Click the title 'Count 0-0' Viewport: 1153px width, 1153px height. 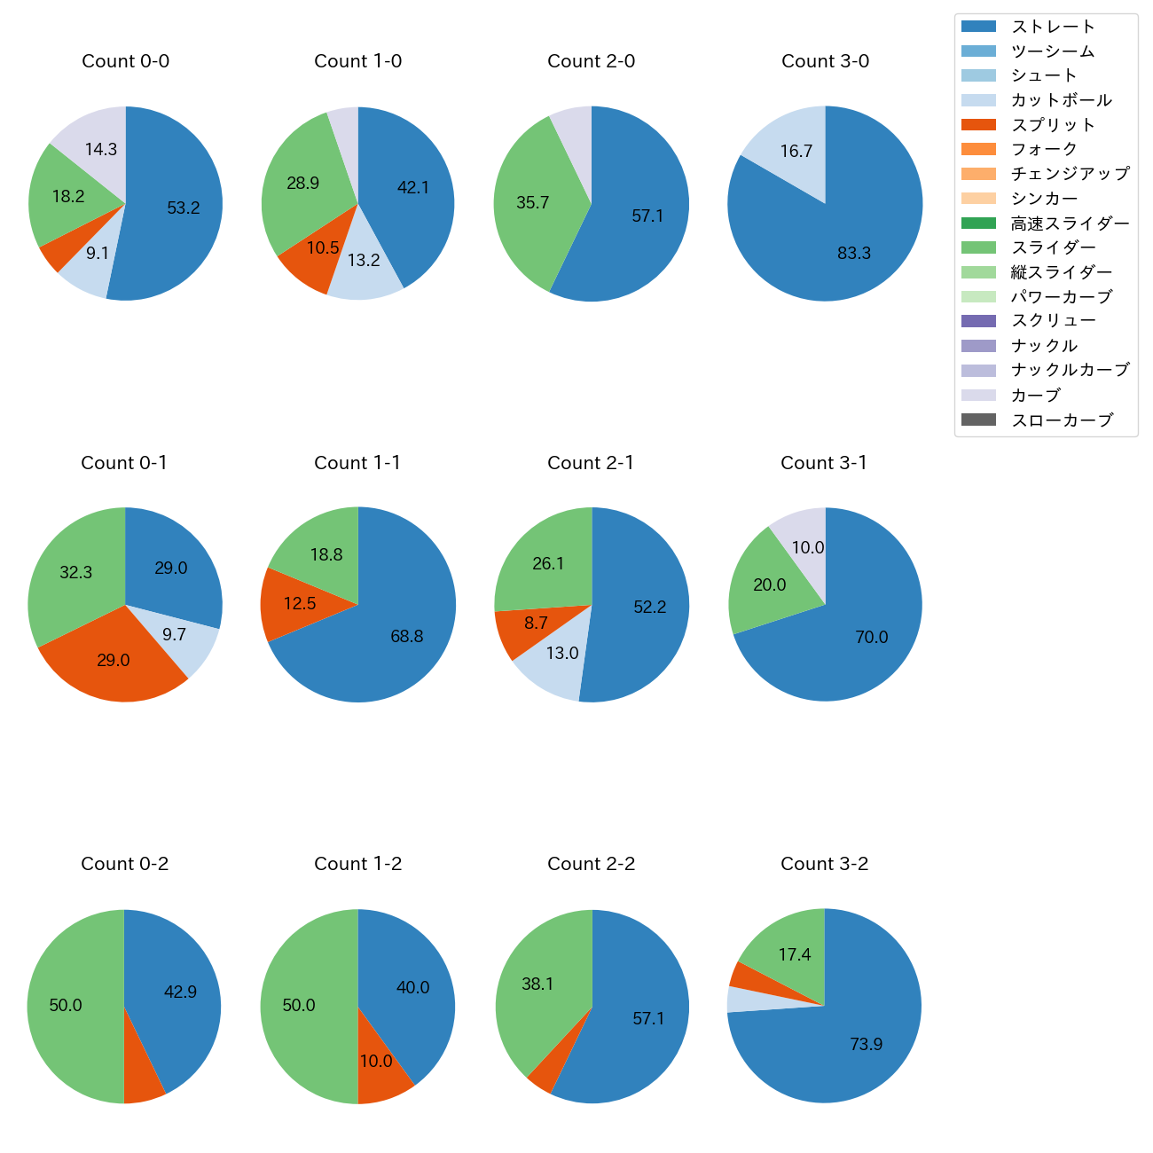(125, 61)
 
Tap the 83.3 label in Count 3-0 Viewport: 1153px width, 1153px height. (854, 254)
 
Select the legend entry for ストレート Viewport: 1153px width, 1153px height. (1053, 27)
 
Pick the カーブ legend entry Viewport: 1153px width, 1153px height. (1035, 395)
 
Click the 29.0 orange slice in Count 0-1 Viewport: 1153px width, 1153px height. (113, 661)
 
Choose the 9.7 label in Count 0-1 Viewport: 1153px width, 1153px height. (175, 635)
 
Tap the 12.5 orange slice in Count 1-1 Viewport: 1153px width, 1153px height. (300, 604)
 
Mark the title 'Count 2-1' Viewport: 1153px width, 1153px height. (591, 463)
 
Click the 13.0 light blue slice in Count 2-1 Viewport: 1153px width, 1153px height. (561, 654)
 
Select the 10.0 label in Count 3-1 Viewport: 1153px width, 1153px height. (808, 547)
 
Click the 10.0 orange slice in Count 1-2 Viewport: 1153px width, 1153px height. (376, 1062)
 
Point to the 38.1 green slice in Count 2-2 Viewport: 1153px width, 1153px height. (537, 984)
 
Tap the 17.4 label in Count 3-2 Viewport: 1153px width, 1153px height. (795, 954)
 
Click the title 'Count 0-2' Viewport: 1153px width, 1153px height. (124, 864)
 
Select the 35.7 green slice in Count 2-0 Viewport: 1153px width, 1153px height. (532, 203)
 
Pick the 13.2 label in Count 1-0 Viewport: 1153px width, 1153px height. (364, 260)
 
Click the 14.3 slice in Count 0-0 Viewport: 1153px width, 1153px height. (100, 149)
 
